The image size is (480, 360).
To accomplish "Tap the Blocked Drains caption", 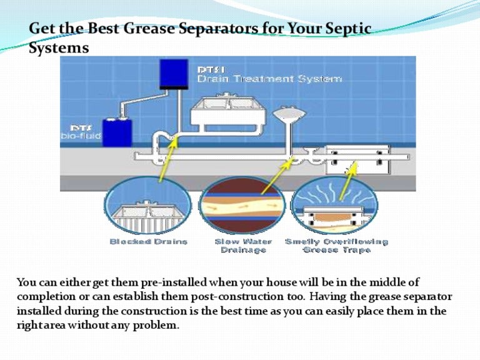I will coord(149,241).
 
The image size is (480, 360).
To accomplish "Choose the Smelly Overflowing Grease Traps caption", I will coord(336,246).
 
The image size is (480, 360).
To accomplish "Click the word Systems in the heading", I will coord(59,47).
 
